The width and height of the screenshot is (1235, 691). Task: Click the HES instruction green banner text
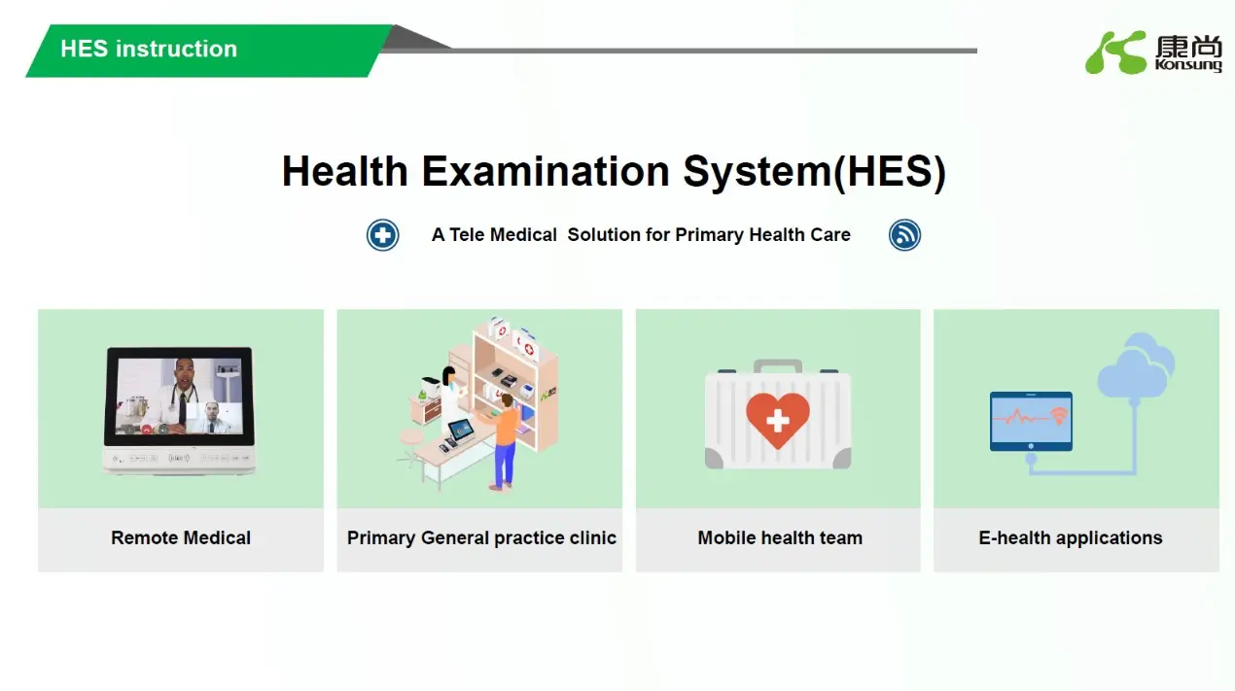149,49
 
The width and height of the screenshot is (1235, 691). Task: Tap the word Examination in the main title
546,172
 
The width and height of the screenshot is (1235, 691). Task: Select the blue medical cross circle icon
382,235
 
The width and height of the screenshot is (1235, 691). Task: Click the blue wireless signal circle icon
904,235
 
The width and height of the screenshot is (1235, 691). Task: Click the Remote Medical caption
181,537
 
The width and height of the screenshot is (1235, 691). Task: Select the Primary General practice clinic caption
481,537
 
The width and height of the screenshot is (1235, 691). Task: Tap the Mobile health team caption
780,537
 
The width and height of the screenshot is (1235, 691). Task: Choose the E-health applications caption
1070,537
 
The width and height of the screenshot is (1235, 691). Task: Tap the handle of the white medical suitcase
777,366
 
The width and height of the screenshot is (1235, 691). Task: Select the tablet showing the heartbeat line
1031,421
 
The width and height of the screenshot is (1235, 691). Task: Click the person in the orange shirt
504,442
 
